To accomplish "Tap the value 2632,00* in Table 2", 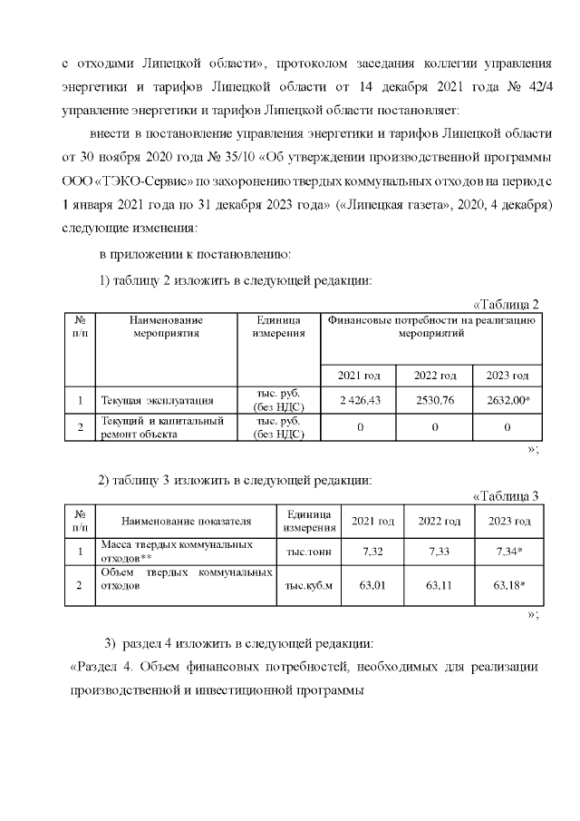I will (507, 400).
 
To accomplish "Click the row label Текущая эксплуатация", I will (157, 400).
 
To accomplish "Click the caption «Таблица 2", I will (507, 304).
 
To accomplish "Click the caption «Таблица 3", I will (507, 495).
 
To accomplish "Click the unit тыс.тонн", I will (309, 551).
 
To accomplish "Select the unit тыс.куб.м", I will (309, 586).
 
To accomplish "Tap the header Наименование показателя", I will (186, 521).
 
